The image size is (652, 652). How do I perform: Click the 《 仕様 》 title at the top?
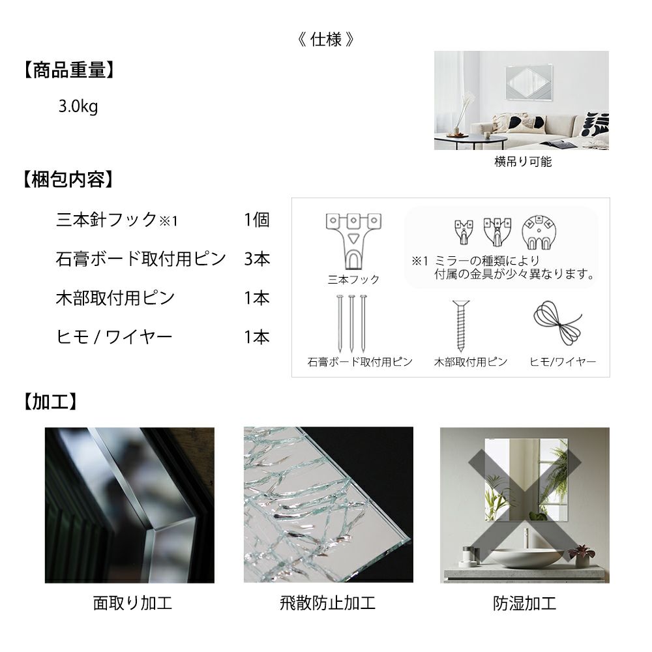coord(326,40)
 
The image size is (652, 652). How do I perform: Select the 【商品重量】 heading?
coord(68,70)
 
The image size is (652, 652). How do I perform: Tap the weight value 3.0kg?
coord(78,106)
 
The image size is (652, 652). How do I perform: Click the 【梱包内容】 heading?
coord(68,180)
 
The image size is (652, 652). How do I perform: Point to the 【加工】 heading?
coord(50,402)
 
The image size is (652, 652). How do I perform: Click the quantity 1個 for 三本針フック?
coord(256,220)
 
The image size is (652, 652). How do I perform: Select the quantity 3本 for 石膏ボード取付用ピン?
coord(257,259)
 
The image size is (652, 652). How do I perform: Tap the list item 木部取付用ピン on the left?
coord(115,298)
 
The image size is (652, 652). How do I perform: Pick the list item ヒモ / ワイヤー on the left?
coord(114,337)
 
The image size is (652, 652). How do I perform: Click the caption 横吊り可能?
coord(523,161)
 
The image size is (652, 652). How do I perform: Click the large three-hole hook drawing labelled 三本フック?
coord(353,241)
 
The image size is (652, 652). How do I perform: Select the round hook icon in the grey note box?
coord(539,232)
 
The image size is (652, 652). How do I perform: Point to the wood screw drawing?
coord(461,325)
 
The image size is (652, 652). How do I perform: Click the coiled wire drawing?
coord(558,323)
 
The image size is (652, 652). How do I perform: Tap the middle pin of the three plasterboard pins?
coord(352,323)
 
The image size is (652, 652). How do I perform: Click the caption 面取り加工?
coord(132,603)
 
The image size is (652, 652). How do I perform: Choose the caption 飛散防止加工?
coord(328,603)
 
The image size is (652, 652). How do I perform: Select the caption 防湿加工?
coord(524,603)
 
